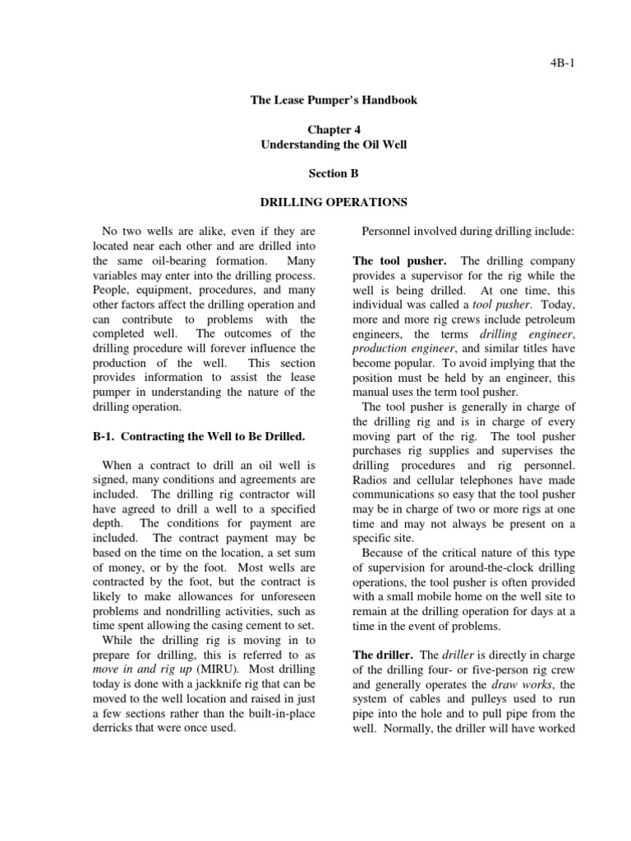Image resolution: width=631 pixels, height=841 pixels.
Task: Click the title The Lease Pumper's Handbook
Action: tap(334, 100)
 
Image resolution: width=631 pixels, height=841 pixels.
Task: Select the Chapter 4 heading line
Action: tap(334, 130)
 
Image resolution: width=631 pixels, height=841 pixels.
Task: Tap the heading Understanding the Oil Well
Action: tap(334, 145)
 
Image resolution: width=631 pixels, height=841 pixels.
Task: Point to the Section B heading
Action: tap(334, 174)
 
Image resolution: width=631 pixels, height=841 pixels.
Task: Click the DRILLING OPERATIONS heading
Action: tap(334, 202)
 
